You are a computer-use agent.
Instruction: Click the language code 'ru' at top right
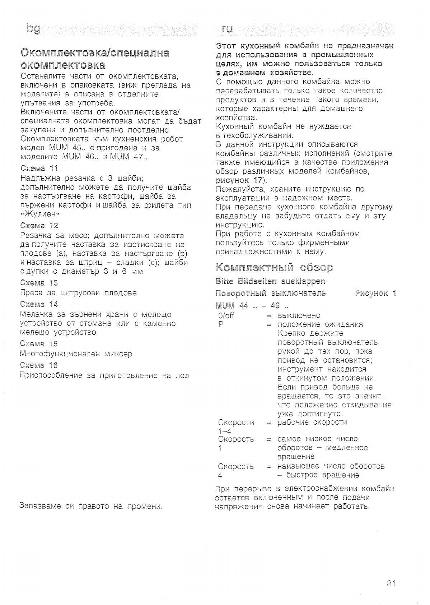227,29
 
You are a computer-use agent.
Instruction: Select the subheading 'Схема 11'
39,168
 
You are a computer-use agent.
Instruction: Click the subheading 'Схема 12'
39,226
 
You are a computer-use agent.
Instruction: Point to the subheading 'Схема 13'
39,283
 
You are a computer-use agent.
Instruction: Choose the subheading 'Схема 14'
39,304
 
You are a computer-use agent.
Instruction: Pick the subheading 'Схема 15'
39,343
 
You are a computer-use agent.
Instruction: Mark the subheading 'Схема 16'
39,365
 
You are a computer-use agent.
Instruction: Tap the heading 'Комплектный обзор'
274,267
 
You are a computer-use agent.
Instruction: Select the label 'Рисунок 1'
375,293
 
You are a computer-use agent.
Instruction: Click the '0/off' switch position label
226,315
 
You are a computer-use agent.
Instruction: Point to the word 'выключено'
299,315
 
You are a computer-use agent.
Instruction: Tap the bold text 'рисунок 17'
240,180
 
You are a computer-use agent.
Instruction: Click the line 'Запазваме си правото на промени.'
91,506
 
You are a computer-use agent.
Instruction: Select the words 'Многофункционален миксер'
76,354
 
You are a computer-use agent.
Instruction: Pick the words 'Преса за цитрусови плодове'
78,293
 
